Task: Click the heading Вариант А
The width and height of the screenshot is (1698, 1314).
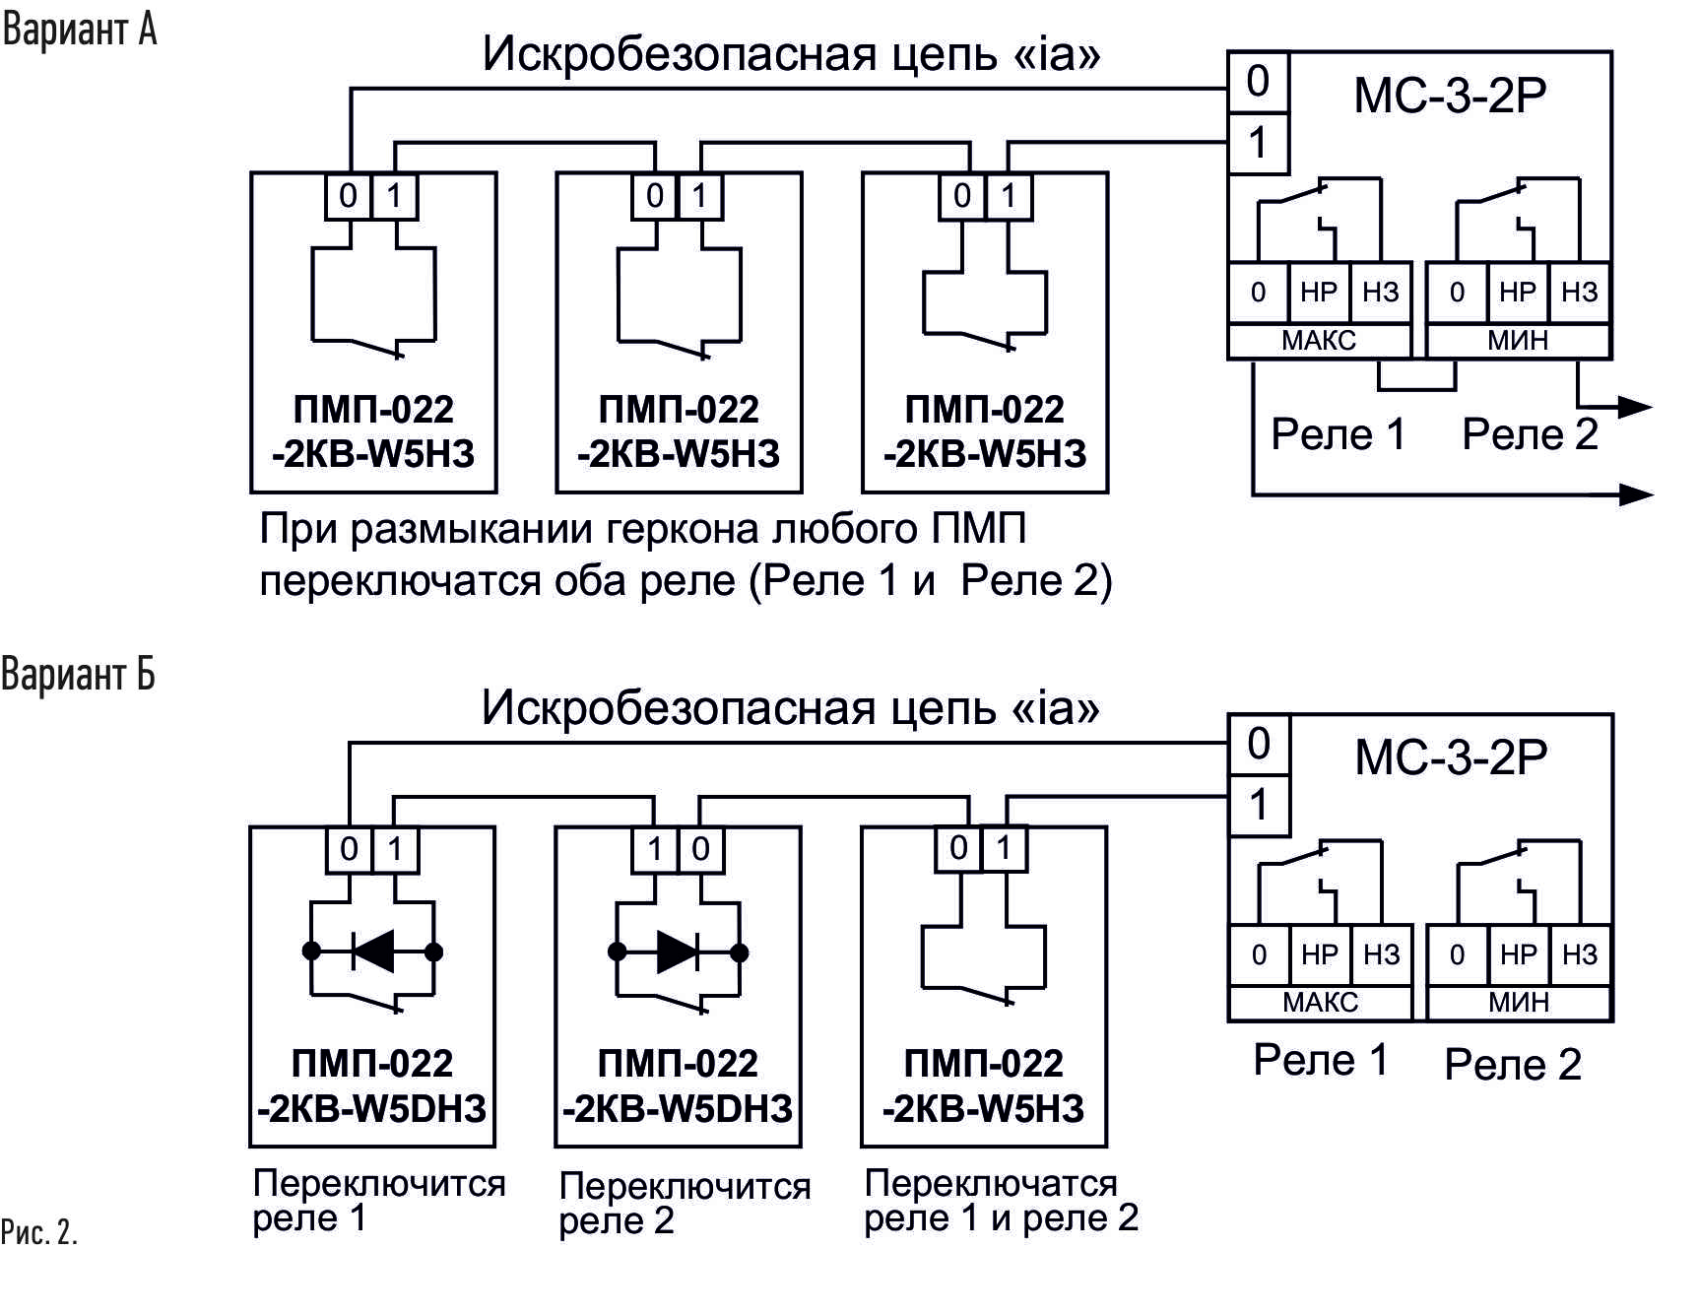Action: click(80, 30)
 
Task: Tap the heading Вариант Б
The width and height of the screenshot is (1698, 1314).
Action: click(78, 675)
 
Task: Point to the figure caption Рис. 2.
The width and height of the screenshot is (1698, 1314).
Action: click(39, 1232)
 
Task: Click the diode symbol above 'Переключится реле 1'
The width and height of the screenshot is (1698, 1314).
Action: click(373, 952)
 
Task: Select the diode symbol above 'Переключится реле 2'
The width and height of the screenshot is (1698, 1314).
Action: click(679, 952)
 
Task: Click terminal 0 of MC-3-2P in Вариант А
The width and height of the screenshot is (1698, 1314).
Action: click(1258, 82)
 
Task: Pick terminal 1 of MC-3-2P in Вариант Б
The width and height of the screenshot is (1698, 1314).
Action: click(1259, 806)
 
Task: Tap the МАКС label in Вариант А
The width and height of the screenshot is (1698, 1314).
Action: click(1319, 341)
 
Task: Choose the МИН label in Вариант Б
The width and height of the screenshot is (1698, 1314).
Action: click(1519, 1003)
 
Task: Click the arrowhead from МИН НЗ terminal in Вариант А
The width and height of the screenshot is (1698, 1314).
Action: click(1635, 406)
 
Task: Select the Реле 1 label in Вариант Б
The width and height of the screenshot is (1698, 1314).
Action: click(1321, 1060)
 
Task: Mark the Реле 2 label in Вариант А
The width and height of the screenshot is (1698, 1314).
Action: click(1530, 434)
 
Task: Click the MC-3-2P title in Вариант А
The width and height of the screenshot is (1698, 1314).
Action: click(1450, 96)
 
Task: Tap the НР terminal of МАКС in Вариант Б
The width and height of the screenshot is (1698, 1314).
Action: click(1320, 954)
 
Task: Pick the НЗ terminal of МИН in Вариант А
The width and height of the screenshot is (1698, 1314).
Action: click(1580, 292)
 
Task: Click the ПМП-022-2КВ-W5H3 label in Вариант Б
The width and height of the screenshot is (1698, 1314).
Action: click(984, 1086)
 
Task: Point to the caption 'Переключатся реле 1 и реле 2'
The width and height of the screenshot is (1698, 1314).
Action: click(1001, 1201)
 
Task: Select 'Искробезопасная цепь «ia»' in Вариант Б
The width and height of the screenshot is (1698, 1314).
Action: click(790, 707)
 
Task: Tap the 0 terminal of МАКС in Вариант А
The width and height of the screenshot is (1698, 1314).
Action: click(1258, 292)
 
